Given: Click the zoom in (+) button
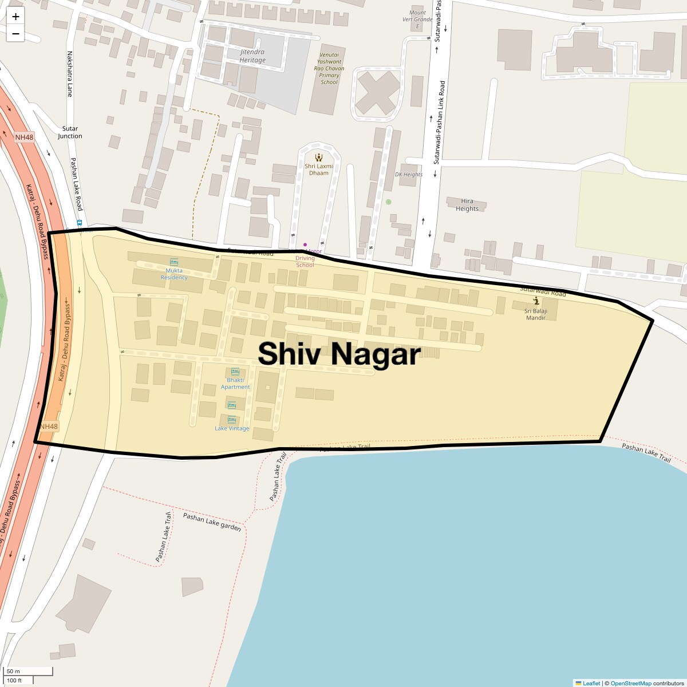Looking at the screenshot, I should [15, 17].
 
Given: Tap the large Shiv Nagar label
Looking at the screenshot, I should [339, 354].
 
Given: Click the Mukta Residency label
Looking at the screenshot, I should [174, 274].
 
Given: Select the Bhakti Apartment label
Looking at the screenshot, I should [235, 383].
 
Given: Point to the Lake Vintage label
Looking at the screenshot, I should [232, 428].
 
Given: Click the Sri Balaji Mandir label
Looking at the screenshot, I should [536, 314].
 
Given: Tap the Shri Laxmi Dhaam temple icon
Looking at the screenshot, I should [319, 157].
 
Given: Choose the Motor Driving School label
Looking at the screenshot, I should [306, 258].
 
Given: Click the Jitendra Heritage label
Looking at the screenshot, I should [252, 56].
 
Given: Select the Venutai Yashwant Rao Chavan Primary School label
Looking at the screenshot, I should [329, 68].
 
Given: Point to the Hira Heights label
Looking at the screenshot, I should [467, 205].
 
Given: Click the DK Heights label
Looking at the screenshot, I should [409, 175].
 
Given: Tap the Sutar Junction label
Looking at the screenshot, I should [70, 132].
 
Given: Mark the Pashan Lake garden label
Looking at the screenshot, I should [212, 522].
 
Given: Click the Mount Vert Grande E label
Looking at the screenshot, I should [417, 19].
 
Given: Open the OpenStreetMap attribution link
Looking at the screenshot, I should [630, 683].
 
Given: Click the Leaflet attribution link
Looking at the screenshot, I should [591, 683].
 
